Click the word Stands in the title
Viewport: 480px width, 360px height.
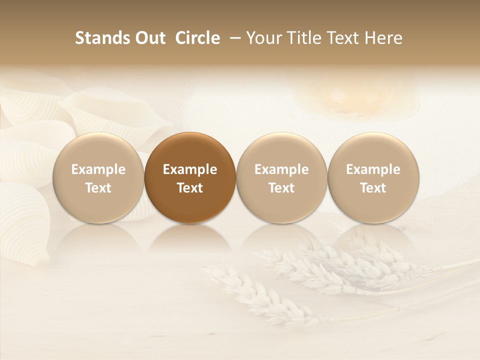pyautogui.click(x=97, y=38)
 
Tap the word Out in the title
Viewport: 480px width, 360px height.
pyautogui.click(x=149, y=38)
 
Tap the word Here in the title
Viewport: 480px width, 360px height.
pyautogui.click(x=383, y=38)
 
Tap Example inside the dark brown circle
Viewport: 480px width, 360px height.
pyautogui.click(x=190, y=169)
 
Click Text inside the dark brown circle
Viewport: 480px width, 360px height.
pyautogui.click(x=190, y=188)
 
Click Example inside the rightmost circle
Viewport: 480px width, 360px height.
pyautogui.click(x=373, y=169)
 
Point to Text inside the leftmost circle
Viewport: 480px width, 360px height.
pyautogui.click(x=98, y=188)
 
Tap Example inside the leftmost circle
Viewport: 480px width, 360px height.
pyautogui.click(x=98, y=169)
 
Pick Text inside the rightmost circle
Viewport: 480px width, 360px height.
pyautogui.click(x=373, y=188)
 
